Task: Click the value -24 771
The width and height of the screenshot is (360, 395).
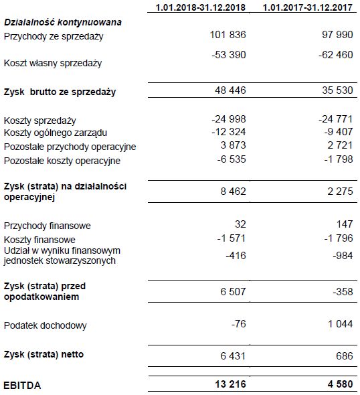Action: [x=337, y=119]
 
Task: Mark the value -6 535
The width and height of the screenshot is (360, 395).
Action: [x=232, y=159]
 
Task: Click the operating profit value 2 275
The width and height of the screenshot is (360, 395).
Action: [x=341, y=191]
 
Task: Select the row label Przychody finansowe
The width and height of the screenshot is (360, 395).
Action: [x=47, y=226]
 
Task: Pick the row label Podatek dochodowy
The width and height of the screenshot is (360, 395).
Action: [x=45, y=325]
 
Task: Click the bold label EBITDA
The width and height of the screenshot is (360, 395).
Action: [x=23, y=386]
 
